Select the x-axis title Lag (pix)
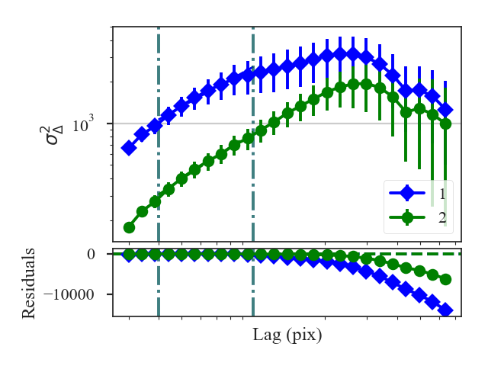tap(287, 335)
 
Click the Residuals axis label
tap(27, 282)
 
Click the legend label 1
tap(442, 194)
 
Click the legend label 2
tap(442, 217)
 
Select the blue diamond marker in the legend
tap(408, 194)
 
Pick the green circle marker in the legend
tap(408, 217)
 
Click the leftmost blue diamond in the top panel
tap(129, 148)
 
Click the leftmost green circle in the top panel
tap(129, 227)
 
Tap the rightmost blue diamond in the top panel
tap(446, 110)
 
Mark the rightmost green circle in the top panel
tap(446, 124)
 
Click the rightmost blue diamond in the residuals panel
tap(446, 310)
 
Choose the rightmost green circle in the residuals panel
tap(446, 279)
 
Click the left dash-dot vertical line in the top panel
tap(159, 76)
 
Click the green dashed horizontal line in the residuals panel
tap(412, 254)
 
